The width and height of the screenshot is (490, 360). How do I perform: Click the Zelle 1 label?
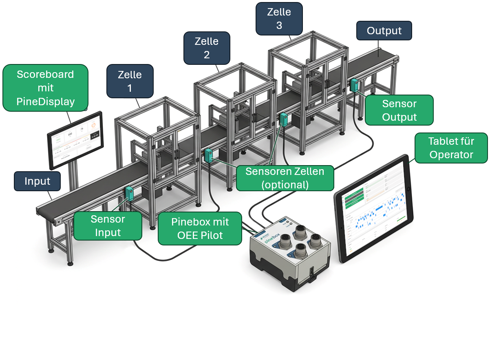coord(130,81)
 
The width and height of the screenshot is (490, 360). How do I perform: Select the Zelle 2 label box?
coord(207,48)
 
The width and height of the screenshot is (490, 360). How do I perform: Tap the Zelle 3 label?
coord(279,18)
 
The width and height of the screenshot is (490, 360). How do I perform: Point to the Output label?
coord(384,31)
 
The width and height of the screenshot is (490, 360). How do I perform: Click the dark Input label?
coord(38,181)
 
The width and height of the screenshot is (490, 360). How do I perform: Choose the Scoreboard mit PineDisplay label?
coord(45,88)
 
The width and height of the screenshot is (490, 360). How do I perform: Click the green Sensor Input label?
coord(108,225)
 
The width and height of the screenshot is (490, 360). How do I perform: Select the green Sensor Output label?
coord(399,110)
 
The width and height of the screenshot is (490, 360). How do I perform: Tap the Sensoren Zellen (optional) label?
coord(285,178)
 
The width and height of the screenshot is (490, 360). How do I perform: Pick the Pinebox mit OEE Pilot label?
coord(200,228)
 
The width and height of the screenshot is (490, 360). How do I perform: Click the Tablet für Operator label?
coord(451,148)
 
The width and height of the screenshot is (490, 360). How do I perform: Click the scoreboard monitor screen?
coord(75,139)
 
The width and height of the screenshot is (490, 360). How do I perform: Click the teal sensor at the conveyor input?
coord(130,193)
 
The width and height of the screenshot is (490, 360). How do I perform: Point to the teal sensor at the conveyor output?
coord(354,85)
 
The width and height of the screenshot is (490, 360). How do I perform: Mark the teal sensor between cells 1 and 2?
coord(209,155)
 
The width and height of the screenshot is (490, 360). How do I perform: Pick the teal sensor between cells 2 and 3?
coord(284,119)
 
